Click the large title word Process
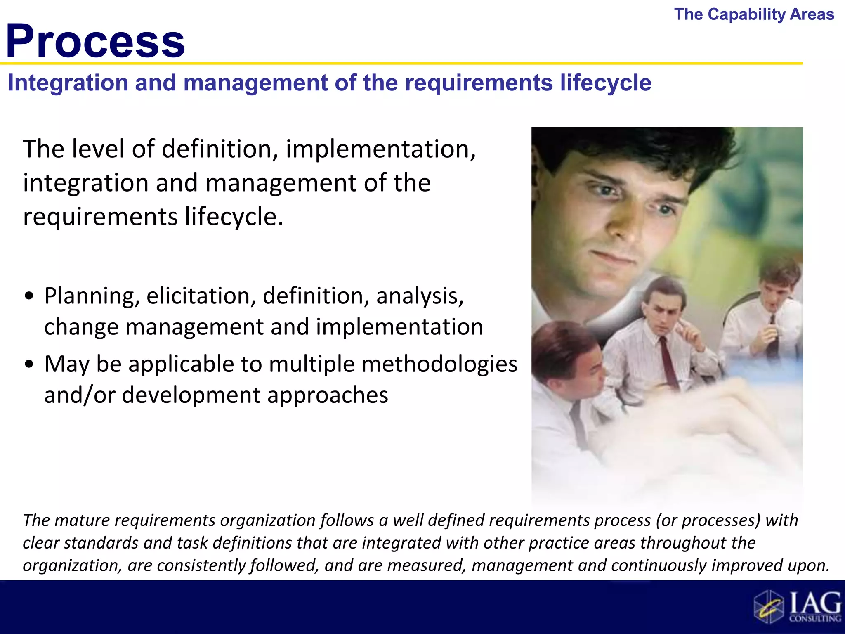click(95, 41)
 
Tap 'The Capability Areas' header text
click(754, 14)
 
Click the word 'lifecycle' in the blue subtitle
click(605, 83)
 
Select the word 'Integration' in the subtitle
click(68, 83)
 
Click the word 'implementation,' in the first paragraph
click(380, 149)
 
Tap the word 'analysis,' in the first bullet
click(420, 296)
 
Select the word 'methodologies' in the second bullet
click(439, 364)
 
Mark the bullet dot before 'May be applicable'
click(29, 365)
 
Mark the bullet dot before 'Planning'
click(29, 297)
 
